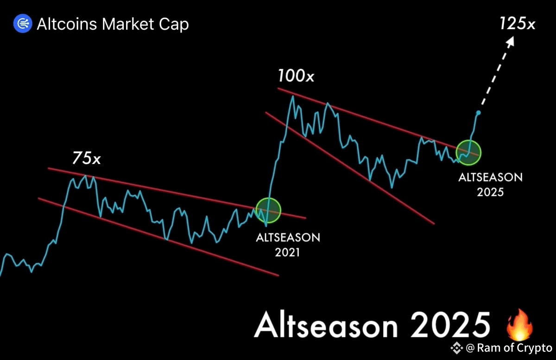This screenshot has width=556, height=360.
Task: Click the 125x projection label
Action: [517, 24]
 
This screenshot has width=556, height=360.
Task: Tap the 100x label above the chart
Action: [296, 76]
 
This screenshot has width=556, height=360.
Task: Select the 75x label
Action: [86, 158]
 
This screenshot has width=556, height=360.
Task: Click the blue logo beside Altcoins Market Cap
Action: [23, 24]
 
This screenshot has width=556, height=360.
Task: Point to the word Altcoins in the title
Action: [67, 24]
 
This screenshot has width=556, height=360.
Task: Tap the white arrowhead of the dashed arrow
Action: [511, 41]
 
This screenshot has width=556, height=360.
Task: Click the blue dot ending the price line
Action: [478, 113]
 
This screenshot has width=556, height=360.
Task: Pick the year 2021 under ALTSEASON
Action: [287, 252]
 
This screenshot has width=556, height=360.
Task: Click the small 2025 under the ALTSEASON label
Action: [490, 192]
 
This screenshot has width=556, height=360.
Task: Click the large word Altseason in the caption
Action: [326, 325]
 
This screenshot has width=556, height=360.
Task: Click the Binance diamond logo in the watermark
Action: [456, 348]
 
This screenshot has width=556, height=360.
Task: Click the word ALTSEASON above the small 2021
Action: [288, 238]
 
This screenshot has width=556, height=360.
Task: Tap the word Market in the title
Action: [128, 24]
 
